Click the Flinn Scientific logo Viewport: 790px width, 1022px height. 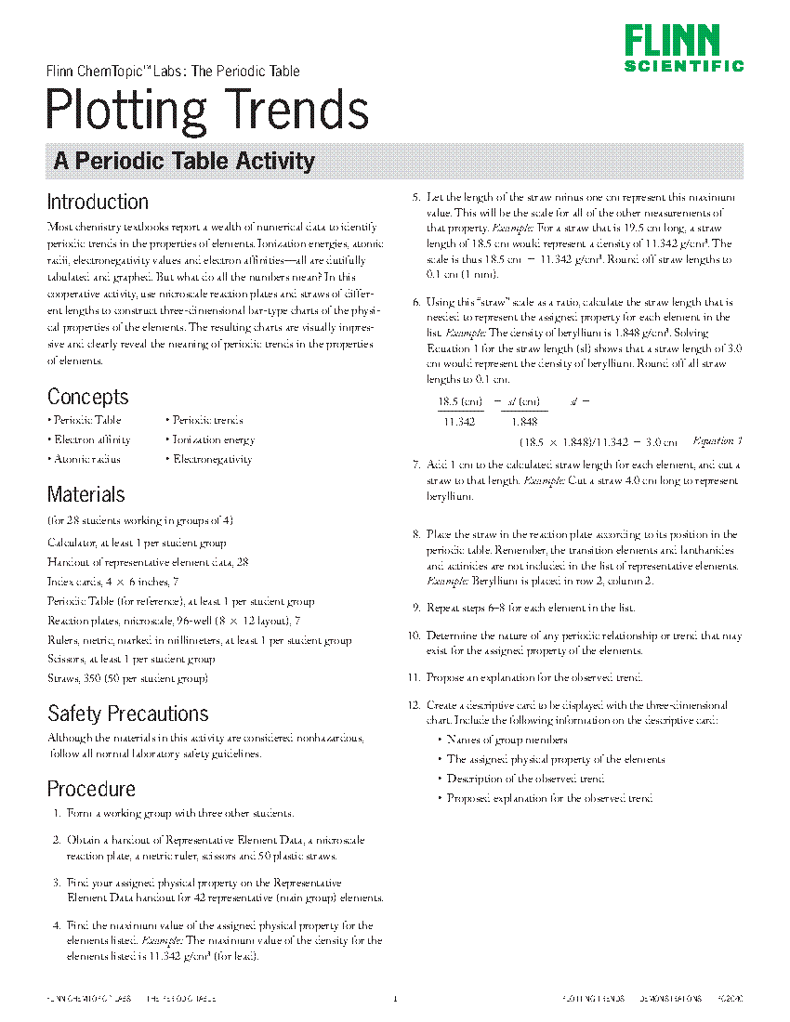[683, 48]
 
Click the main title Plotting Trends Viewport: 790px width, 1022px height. [208, 110]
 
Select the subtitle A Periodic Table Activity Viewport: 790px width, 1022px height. [184, 161]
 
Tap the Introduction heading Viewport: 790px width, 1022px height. [98, 202]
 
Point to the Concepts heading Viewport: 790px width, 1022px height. [88, 397]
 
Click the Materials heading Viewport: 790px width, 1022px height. [86, 494]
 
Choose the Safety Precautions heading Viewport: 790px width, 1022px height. [128, 714]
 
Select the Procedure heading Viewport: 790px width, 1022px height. [91, 789]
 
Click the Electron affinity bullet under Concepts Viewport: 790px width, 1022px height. [91, 439]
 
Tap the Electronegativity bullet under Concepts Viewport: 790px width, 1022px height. [212, 459]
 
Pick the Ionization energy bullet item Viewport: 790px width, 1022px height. [213, 439]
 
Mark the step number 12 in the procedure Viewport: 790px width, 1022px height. [415, 705]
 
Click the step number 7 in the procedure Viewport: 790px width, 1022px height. [416, 463]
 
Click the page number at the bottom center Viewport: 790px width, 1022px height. [395, 999]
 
